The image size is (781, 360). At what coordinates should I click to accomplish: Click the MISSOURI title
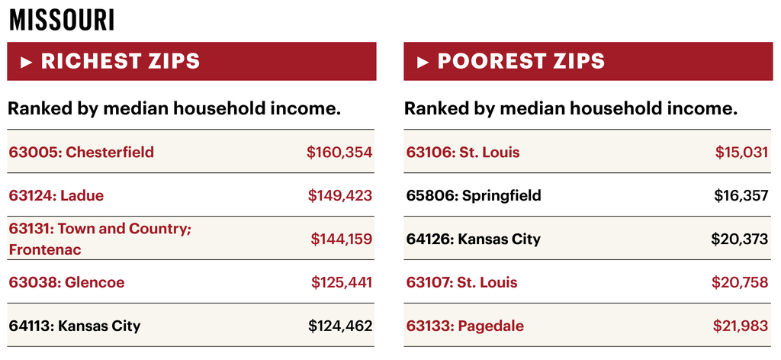click(62, 20)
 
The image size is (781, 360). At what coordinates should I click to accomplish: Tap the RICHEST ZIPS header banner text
click(121, 61)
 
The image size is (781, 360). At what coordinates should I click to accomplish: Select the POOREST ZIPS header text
click(521, 61)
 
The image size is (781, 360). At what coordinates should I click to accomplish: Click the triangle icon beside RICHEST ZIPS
click(27, 62)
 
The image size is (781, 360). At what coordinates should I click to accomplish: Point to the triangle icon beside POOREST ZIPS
click(423, 62)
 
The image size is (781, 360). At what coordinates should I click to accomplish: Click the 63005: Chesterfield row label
click(82, 152)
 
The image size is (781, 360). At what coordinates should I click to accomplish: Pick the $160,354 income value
click(339, 152)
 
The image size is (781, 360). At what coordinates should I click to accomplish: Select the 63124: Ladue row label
click(56, 195)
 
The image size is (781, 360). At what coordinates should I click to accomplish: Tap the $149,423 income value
click(340, 195)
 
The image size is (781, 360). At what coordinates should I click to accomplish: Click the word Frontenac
click(45, 249)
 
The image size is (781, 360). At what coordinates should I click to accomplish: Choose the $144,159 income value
click(341, 239)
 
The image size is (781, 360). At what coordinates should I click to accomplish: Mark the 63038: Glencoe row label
click(67, 282)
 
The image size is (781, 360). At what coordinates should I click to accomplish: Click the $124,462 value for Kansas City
click(340, 326)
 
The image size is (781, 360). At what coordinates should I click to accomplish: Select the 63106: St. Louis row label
click(463, 152)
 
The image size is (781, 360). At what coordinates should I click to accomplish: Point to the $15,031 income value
click(741, 152)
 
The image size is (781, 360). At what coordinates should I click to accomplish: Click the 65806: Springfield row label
click(474, 195)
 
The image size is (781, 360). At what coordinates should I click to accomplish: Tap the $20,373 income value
click(740, 239)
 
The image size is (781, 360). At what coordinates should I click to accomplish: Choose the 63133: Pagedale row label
click(465, 326)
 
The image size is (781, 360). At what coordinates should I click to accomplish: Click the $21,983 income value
click(741, 326)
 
